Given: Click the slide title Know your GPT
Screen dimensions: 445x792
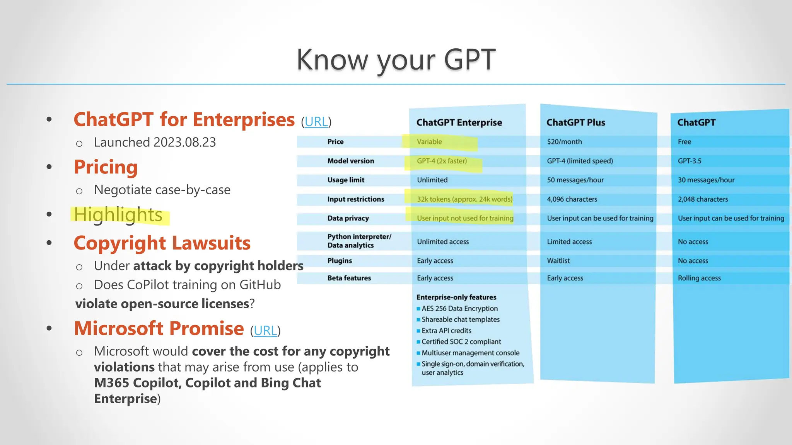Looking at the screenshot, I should pos(396,60).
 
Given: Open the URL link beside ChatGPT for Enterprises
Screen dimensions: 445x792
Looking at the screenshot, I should pos(316,122).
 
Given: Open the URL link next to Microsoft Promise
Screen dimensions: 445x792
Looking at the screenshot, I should pos(265,331).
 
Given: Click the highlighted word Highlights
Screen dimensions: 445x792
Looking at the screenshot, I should pos(118,215).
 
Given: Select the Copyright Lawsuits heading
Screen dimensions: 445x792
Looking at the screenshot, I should pos(162,243).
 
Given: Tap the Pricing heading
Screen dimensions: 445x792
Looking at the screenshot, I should pos(106,167).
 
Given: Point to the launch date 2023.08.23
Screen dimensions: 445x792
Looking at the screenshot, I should pos(184,142).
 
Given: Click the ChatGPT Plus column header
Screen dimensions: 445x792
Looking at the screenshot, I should pos(575,122).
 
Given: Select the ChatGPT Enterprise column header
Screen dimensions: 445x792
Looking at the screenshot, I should pos(459,122).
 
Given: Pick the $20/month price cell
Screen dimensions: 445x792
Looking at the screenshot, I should pos(564,142).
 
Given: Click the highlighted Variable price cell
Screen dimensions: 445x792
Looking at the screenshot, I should pos(429,142).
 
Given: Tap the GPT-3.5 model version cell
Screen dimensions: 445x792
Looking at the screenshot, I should pos(689,161).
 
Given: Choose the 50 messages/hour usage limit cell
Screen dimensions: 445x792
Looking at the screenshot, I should pos(575,180).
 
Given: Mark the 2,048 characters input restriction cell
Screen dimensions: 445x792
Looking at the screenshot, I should pos(703,199).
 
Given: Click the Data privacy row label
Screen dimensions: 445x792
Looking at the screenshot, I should pos(348,218).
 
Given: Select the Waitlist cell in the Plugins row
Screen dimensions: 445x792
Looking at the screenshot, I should pos(558,261).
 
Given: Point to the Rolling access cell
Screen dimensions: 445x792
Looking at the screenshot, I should pos(699,278).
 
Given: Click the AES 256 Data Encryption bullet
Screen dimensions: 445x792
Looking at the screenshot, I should pos(459,309).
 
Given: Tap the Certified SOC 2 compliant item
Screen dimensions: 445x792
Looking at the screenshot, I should pos(461,342).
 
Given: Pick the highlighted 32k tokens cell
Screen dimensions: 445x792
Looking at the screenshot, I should pos(464,199).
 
